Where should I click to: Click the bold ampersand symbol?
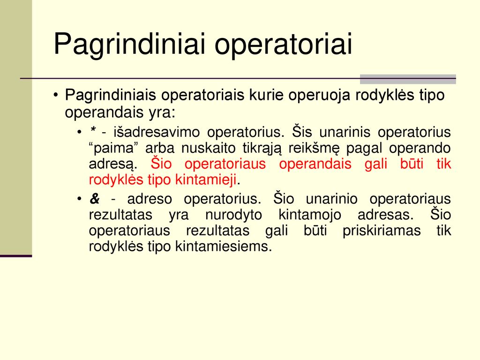[95, 199]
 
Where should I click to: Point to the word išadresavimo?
[157, 132]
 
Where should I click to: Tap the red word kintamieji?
[206, 180]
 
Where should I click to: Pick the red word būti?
[412, 164]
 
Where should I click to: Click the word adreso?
[150, 199]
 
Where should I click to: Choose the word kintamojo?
[310, 215]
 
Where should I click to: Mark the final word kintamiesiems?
[224, 246]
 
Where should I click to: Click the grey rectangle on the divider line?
[408, 79]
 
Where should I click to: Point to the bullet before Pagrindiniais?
[55, 95]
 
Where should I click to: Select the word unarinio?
[331, 199]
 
